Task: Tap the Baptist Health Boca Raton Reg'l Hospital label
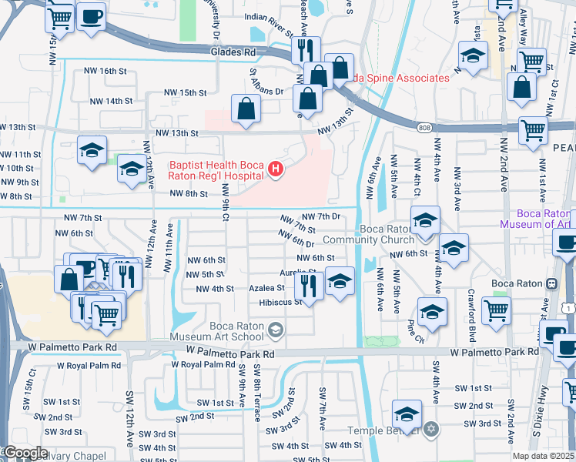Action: point(216,170)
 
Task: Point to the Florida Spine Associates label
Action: point(400,78)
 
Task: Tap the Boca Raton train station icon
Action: point(551,283)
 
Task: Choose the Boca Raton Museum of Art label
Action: point(537,219)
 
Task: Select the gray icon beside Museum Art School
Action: point(275,331)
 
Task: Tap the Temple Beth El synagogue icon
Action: point(431,428)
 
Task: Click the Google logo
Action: point(25,453)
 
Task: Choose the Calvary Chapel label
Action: point(69,456)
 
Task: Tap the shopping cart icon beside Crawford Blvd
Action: point(496,310)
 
